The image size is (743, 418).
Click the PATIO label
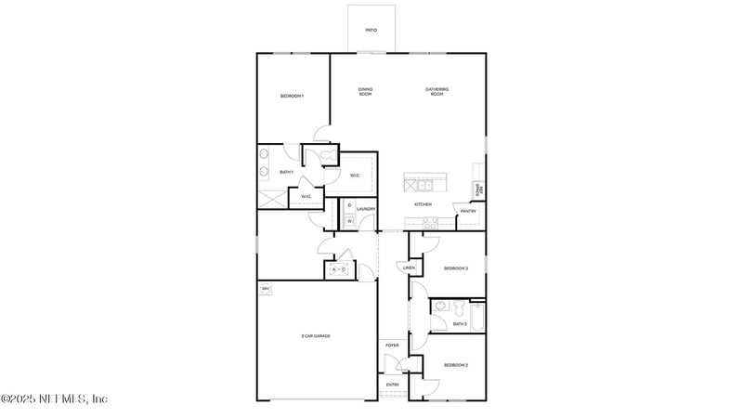coord(371,30)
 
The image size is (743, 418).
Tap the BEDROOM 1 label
coord(293,97)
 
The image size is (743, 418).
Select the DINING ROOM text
coord(366,91)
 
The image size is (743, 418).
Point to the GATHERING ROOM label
coord(437,91)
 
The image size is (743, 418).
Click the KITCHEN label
coord(423,204)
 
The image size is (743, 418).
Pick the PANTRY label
coord(468,211)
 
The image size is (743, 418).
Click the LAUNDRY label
coord(365,209)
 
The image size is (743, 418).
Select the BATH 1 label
coord(286,172)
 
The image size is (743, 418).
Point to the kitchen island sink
coord(415,183)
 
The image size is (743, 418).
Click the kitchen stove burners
coord(430,223)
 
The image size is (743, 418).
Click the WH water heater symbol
coord(265,290)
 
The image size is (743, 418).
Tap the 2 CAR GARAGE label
coord(316,335)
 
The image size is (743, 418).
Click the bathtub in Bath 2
coord(476,318)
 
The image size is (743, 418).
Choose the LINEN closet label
coord(409,268)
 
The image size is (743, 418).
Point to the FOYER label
coord(392,345)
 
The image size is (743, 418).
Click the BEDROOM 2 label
coord(455,365)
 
